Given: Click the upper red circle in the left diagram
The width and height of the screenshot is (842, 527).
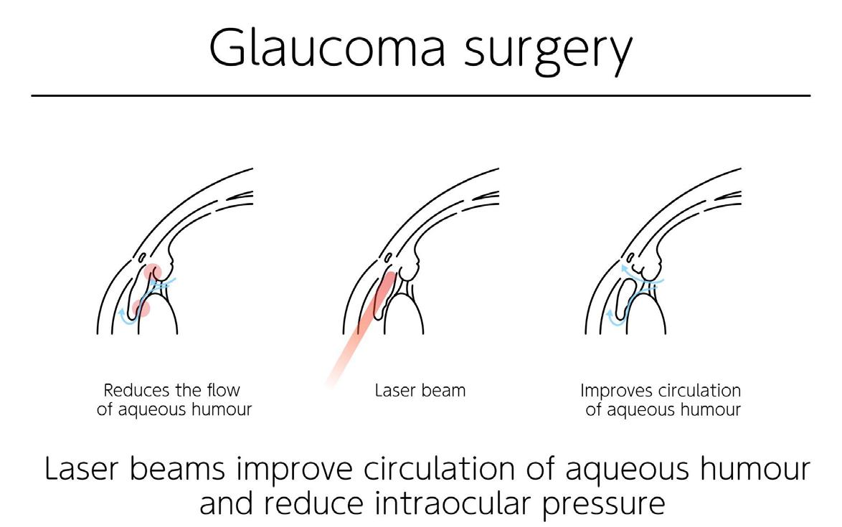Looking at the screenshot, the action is point(153,273).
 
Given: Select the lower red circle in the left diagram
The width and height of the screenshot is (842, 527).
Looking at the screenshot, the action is point(141,308).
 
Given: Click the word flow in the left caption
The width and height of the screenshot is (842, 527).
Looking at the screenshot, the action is point(223,391).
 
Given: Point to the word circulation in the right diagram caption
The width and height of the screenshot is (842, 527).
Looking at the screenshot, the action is point(699,391).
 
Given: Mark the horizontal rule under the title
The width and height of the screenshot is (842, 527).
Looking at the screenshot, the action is point(421,95).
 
